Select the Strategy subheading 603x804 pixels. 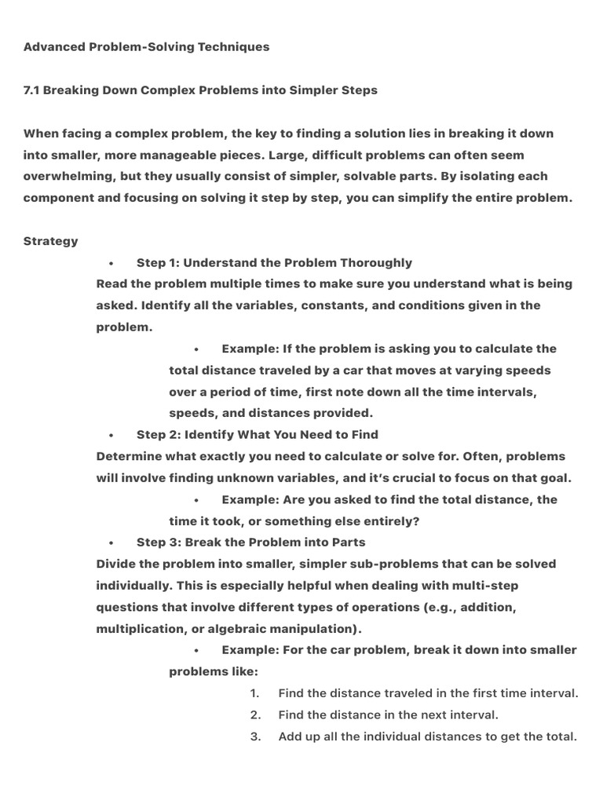click(51, 241)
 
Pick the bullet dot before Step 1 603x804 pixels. click(112, 264)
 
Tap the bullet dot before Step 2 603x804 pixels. click(112, 436)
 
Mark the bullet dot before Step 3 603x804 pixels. click(112, 543)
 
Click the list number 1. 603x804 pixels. click(254, 693)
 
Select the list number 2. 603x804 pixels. click(254, 715)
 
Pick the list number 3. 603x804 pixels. click(254, 736)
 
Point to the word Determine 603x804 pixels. click(127, 456)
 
